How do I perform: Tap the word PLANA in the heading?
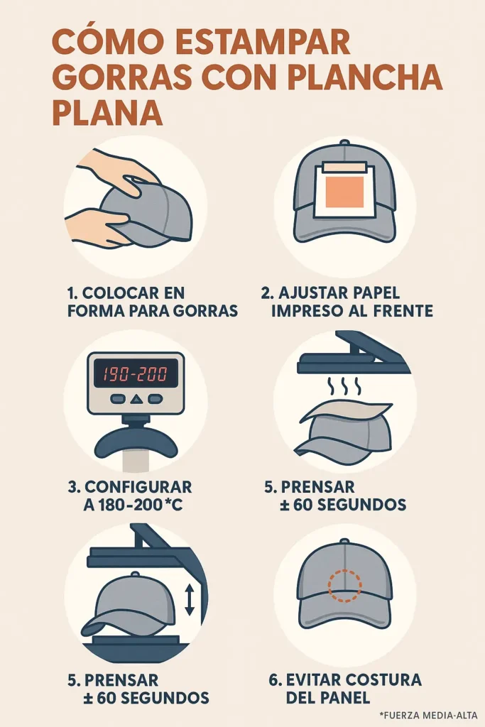[x=107, y=113]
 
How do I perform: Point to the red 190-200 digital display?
[x=136, y=373]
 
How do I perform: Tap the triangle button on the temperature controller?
[x=136, y=400]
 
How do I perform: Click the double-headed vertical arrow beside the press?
[x=189, y=601]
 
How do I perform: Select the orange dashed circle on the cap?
[x=344, y=584]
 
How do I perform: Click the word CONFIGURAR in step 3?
[x=138, y=487]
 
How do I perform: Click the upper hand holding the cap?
[x=117, y=169]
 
